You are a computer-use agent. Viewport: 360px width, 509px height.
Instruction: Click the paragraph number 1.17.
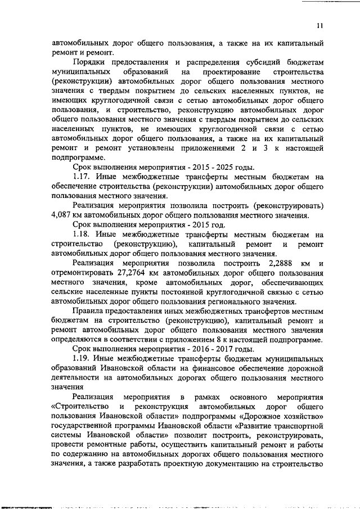coord(82,178)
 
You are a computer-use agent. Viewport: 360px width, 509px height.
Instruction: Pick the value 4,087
coord(63,215)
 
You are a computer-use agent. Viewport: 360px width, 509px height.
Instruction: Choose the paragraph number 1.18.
coord(82,235)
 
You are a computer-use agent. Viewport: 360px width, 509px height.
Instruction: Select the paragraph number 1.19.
coord(82,358)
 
